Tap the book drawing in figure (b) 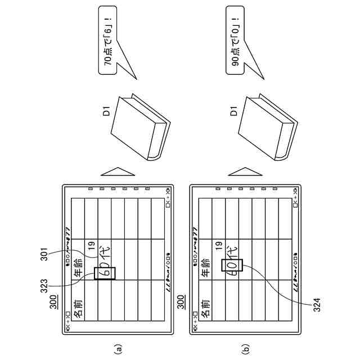click(265, 128)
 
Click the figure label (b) click(245, 349)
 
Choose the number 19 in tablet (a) click(91, 245)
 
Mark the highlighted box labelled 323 click(106, 273)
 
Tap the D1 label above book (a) click(106, 111)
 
